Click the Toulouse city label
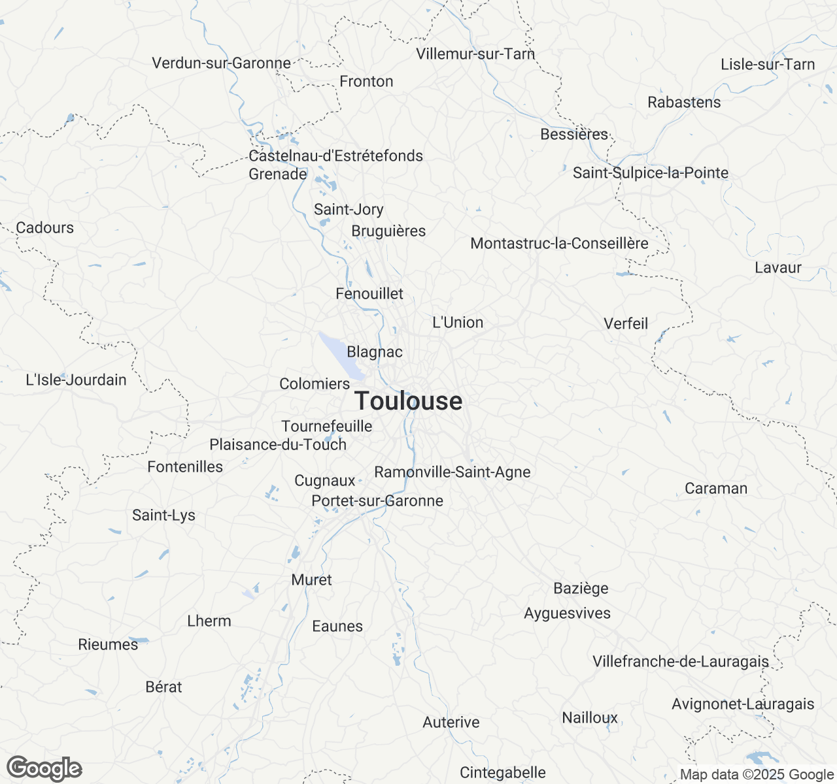pyautogui.click(x=408, y=400)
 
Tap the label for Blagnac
pyautogui.click(x=375, y=352)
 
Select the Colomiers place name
pyautogui.click(x=315, y=384)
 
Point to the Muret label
pyautogui.click(x=312, y=580)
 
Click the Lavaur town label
pyautogui.click(x=777, y=267)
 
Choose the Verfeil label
pyautogui.click(x=626, y=323)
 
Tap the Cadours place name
pyautogui.click(x=45, y=227)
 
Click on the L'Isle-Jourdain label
pyautogui.click(x=76, y=380)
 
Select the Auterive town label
pyautogui.click(x=451, y=722)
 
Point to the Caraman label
pyautogui.click(x=716, y=488)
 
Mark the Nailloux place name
pyautogui.click(x=590, y=717)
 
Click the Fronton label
pyautogui.click(x=366, y=81)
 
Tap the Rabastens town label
pyautogui.click(x=684, y=102)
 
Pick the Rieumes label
pyautogui.click(x=108, y=644)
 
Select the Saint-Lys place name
pyautogui.click(x=163, y=515)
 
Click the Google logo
pyautogui.click(x=44, y=768)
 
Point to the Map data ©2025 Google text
pyautogui.click(x=757, y=774)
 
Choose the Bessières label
pyautogui.click(x=574, y=134)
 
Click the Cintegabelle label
pyautogui.click(x=503, y=772)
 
